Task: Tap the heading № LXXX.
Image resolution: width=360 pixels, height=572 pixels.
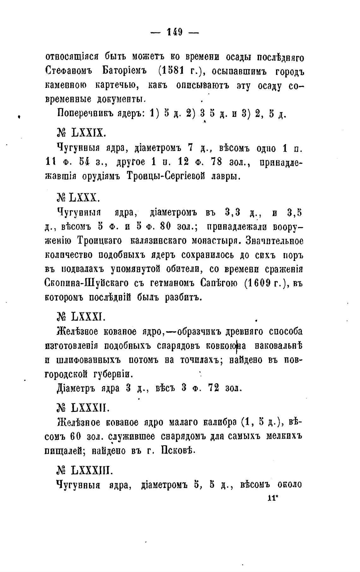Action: [x=78, y=198]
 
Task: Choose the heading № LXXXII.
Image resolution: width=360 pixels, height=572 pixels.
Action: [x=83, y=408]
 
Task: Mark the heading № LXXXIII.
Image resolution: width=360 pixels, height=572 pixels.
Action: [x=84, y=471]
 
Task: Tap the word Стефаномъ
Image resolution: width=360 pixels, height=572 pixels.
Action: [x=68, y=71]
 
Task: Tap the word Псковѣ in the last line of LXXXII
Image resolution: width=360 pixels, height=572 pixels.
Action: [x=179, y=450]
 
